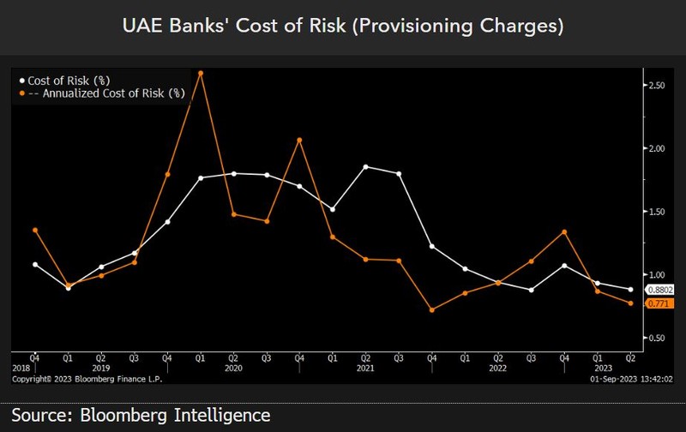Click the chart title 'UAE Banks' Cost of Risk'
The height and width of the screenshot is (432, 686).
tap(343, 27)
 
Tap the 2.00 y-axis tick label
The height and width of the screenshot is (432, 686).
tap(656, 149)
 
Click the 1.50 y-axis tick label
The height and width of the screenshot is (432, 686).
tap(656, 212)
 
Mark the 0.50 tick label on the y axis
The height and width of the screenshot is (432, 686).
tap(656, 338)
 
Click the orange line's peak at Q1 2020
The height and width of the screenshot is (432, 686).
tap(200, 73)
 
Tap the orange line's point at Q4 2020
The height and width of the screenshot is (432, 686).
tap(299, 140)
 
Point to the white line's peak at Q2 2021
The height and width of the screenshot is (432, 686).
tap(365, 166)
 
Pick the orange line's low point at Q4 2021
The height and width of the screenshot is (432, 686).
tap(431, 309)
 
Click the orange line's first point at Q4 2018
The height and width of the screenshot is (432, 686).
tap(34, 230)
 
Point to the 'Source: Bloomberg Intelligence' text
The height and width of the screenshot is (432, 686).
tap(141, 416)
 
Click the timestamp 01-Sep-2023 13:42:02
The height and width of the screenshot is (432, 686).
tap(631, 377)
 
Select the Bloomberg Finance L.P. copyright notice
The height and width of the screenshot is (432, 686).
tap(86, 377)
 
